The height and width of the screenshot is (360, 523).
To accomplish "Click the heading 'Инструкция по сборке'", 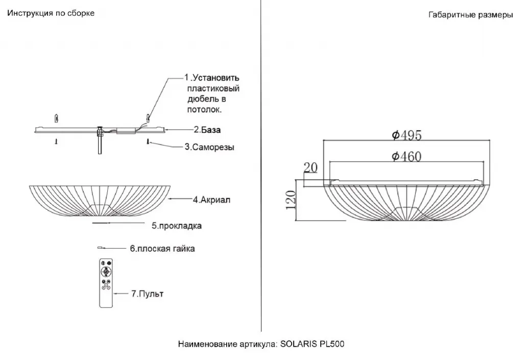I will pos(51,13).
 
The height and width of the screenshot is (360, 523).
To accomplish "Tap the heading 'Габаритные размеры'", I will pos(470,15).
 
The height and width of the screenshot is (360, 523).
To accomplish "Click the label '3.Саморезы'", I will pos(209,147).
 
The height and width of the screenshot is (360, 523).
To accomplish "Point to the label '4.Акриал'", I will pos(211,200).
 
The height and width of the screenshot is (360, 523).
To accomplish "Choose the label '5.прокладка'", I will pos(177,225).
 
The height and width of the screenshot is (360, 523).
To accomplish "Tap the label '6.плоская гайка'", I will pos(162,249).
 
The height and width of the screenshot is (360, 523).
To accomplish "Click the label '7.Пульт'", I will pos(148,294).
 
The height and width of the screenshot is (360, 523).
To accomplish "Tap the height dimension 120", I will pos(291,200).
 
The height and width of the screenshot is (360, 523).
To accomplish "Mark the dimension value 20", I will pos(310,167).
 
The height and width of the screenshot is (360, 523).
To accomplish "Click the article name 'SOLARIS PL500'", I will pos(313,344).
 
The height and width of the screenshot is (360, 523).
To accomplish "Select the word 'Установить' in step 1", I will pos(215,78).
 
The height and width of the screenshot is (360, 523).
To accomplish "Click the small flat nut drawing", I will pos(100,248).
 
